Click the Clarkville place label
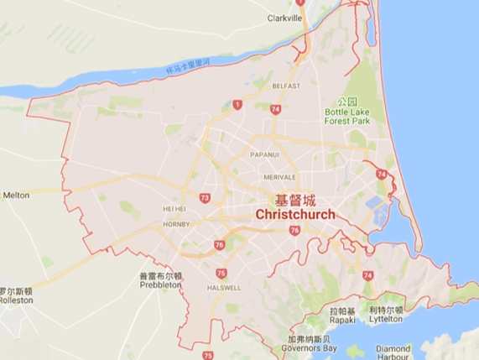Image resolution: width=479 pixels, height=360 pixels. [x=284, y=18]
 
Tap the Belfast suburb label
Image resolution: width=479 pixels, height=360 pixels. [x=286, y=86]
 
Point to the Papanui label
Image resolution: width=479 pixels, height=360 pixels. [x=263, y=154]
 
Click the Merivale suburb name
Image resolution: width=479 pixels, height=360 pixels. [x=279, y=177]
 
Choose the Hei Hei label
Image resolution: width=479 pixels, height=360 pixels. [x=174, y=209]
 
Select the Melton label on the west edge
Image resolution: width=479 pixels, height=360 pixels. [x=16, y=195]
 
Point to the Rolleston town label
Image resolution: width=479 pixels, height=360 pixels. [x=15, y=300]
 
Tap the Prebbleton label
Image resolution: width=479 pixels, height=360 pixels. [x=160, y=284]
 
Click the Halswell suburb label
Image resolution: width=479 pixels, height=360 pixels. [x=225, y=287]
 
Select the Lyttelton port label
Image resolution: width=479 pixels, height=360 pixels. [x=386, y=319]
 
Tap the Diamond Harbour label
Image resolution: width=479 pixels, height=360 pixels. [x=393, y=352]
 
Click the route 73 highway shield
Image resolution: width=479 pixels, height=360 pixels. [x=205, y=198]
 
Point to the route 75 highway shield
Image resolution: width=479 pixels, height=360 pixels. [x=221, y=273]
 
